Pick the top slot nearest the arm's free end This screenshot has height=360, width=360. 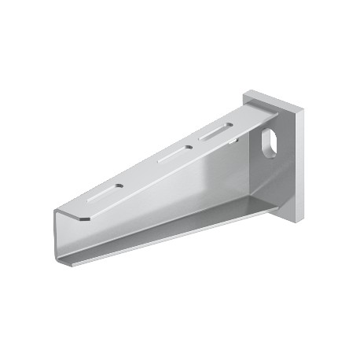click(x=101, y=192)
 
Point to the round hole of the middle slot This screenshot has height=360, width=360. click(x=188, y=146)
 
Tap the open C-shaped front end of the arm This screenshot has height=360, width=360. click(x=67, y=236)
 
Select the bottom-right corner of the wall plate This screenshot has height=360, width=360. click(x=299, y=217)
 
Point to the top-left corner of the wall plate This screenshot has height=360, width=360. click(x=246, y=94)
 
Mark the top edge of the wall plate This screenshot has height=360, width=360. click(x=271, y=97)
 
